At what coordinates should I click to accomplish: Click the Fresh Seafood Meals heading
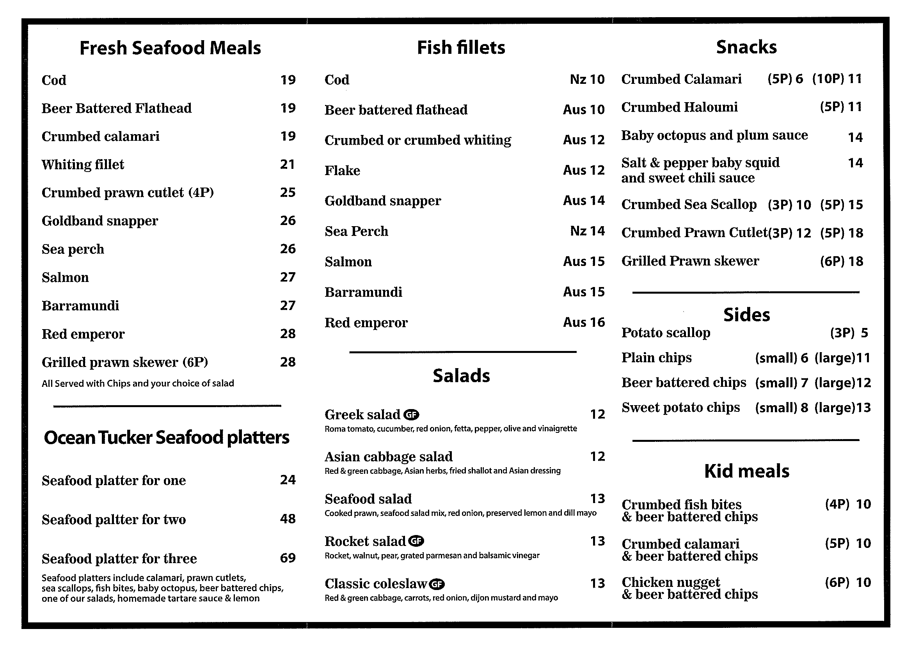(170, 48)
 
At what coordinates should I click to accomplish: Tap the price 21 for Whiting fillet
(288, 164)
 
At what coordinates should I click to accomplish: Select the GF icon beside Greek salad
(411, 415)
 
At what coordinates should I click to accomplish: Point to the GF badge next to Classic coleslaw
(437, 584)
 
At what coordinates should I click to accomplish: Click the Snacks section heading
(746, 47)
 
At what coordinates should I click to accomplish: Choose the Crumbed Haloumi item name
(679, 107)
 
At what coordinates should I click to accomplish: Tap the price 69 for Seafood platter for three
(288, 558)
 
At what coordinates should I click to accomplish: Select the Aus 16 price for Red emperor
(584, 322)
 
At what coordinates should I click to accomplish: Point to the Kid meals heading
(746, 471)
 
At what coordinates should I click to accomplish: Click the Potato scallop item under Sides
(666, 333)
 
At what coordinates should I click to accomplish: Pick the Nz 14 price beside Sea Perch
(587, 231)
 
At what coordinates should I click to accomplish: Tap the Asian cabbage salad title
(389, 457)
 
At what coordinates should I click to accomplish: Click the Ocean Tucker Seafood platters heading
(167, 438)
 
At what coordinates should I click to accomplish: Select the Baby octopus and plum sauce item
(714, 136)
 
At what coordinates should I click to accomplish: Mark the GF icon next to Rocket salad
(416, 541)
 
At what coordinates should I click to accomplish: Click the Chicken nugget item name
(670, 582)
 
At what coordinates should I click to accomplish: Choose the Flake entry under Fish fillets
(343, 170)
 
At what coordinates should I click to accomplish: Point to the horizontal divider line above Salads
(462, 352)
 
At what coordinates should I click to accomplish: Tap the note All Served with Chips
(138, 383)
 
